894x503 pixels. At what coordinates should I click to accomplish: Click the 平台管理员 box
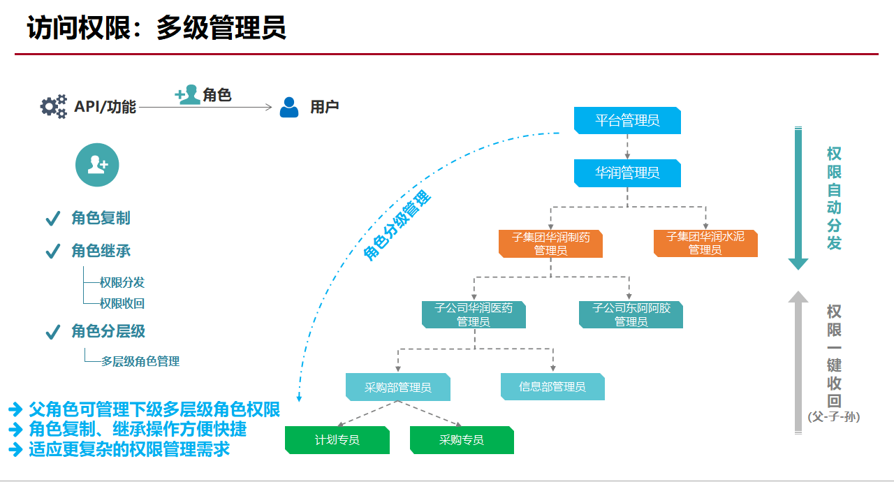[x=627, y=120]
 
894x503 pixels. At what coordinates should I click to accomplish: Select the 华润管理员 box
[x=627, y=173]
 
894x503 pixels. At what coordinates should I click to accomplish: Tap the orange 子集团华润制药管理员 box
[x=550, y=243]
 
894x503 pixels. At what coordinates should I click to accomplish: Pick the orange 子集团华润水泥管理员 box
[x=705, y=243]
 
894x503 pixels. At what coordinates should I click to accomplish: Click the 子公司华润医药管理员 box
[x=474, y=314]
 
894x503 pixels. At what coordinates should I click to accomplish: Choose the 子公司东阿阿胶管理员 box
[x=631, y=314]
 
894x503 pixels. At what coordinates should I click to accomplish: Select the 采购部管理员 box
[x=397, y=387]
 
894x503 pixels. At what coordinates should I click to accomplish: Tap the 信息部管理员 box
[x=552, y=386]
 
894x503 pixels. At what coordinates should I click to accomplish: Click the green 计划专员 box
[x=337, y=440]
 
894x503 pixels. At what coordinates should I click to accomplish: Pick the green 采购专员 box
[x=462, y=440]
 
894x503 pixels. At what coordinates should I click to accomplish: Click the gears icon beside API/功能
[x=54, y=106]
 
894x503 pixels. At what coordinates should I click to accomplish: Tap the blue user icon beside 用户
[x=289, y=107]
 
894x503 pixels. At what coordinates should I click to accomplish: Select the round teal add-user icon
[x=97, y=165]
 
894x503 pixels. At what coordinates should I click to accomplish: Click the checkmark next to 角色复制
[x=52, y=219]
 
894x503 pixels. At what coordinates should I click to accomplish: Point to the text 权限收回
[x=122, y=304]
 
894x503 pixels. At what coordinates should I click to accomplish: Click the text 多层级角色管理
[x=140, y=361]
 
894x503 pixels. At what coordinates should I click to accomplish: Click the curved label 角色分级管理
[x=397, y=226]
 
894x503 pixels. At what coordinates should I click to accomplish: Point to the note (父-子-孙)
[x=834, y=417]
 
